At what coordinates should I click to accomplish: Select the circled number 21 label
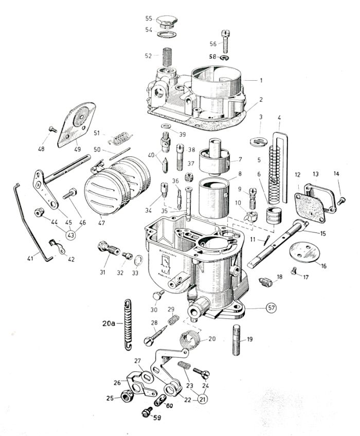[204, 397]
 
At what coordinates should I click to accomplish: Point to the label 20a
[109, 324]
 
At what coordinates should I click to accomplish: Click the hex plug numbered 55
[167, 22]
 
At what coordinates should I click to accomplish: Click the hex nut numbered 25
[124, 396]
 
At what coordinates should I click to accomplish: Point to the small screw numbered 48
[52, 131]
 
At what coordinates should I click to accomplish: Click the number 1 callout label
[261, 80]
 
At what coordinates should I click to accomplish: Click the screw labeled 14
[340, 200]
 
